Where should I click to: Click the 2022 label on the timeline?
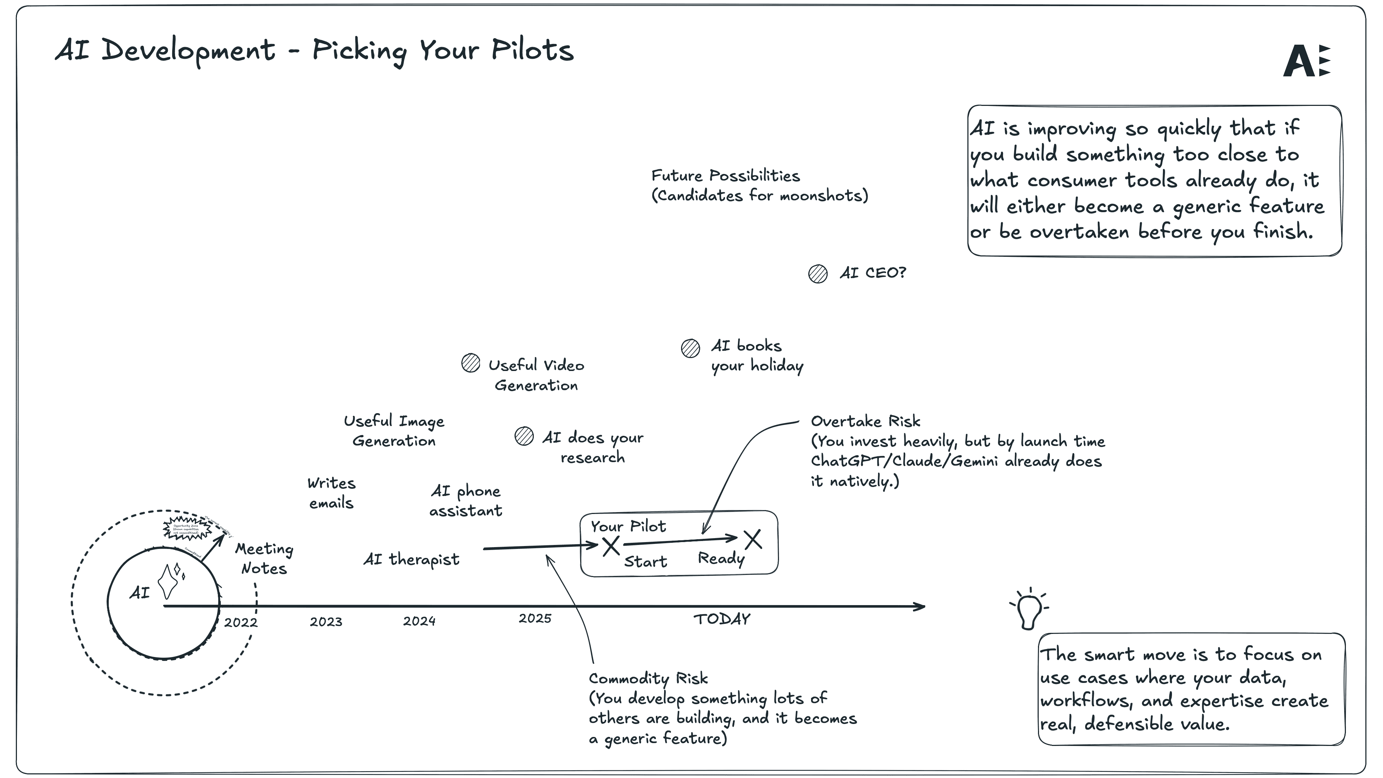(x=241, y=622)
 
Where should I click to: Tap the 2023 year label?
(x=326, y=622)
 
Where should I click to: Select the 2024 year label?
(x=419, y=621)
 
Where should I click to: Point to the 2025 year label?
(x=535, y=618)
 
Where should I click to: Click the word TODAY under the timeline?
(x=722, y=620)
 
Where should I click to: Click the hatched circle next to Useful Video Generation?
(x=471, y=363)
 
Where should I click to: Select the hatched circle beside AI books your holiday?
(x=690, y=348)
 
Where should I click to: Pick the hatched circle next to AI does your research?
(x=524, y=436)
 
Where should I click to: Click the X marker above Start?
(x=611, y=547)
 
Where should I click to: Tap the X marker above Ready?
(x=753, y=539)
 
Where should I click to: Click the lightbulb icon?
(x=1030, y=611)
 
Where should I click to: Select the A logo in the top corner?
(x=1306, y=61)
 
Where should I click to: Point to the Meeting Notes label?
(x=264, y=558)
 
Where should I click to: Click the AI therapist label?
(x=411, y=559)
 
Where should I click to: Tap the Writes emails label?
(x=331, y=493)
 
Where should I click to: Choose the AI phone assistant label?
(x=465, y=500)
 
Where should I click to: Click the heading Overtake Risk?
(x=865, y=421)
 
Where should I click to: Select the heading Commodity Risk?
(x=648, y=679)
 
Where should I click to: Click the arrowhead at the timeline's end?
(x=920, y=607)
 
